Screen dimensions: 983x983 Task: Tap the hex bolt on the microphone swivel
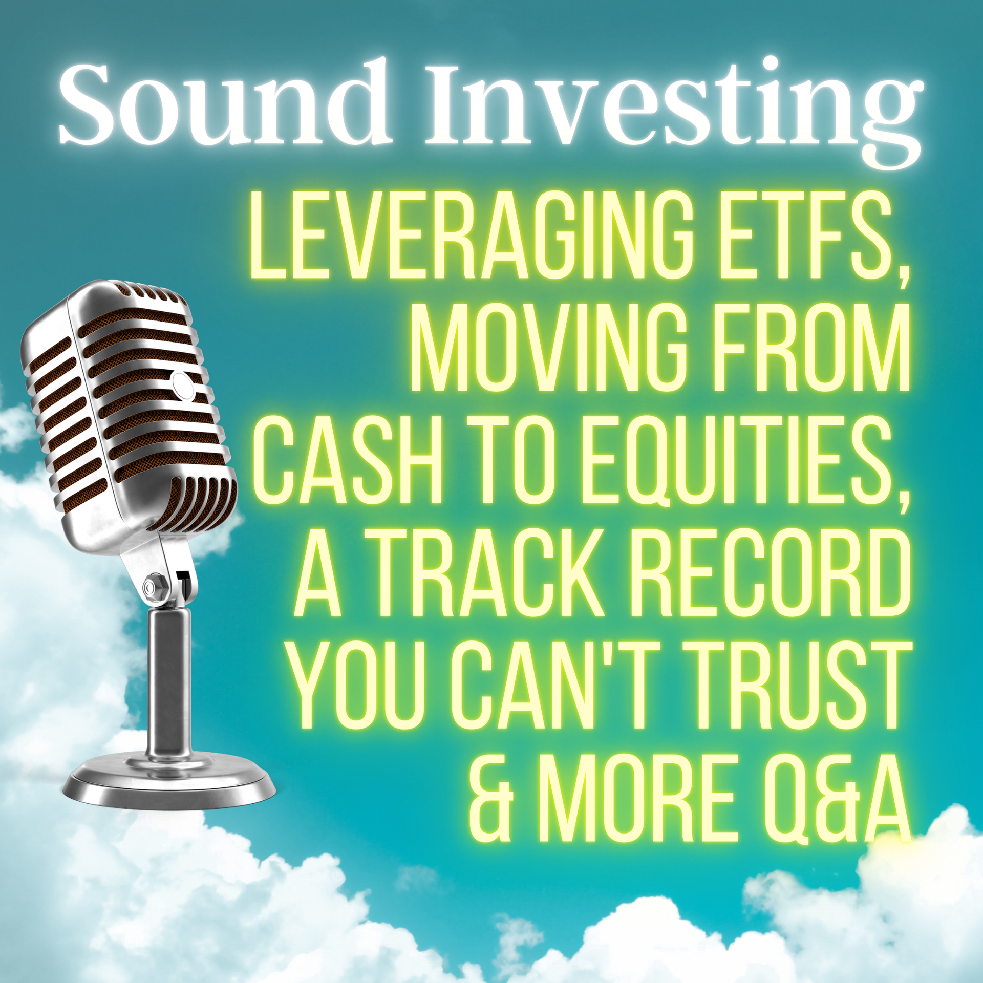pyautogui.click(x=153, y=586)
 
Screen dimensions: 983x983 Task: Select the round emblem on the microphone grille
pyautogui.click(x=182, y=385)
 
